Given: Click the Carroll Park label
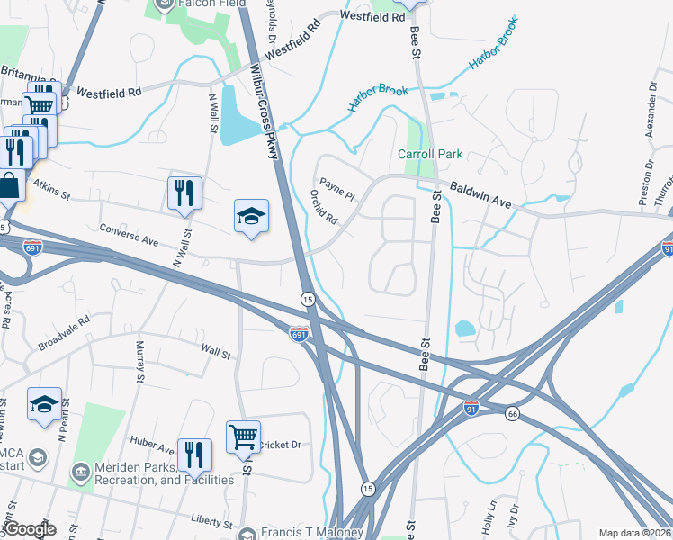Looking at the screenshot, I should click(430, 155).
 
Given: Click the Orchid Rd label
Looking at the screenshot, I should click(323, 208).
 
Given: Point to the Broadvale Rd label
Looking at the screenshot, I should click(64, 332).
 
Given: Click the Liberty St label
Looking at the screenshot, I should click(212, 522).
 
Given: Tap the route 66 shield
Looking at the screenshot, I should click(513, 413).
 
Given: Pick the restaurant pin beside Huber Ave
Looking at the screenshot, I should click(194, 456).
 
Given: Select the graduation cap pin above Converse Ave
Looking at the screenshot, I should click(252, 216).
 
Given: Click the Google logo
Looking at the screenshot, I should click(30, 529).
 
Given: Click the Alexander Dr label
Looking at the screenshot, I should click(651, 117).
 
